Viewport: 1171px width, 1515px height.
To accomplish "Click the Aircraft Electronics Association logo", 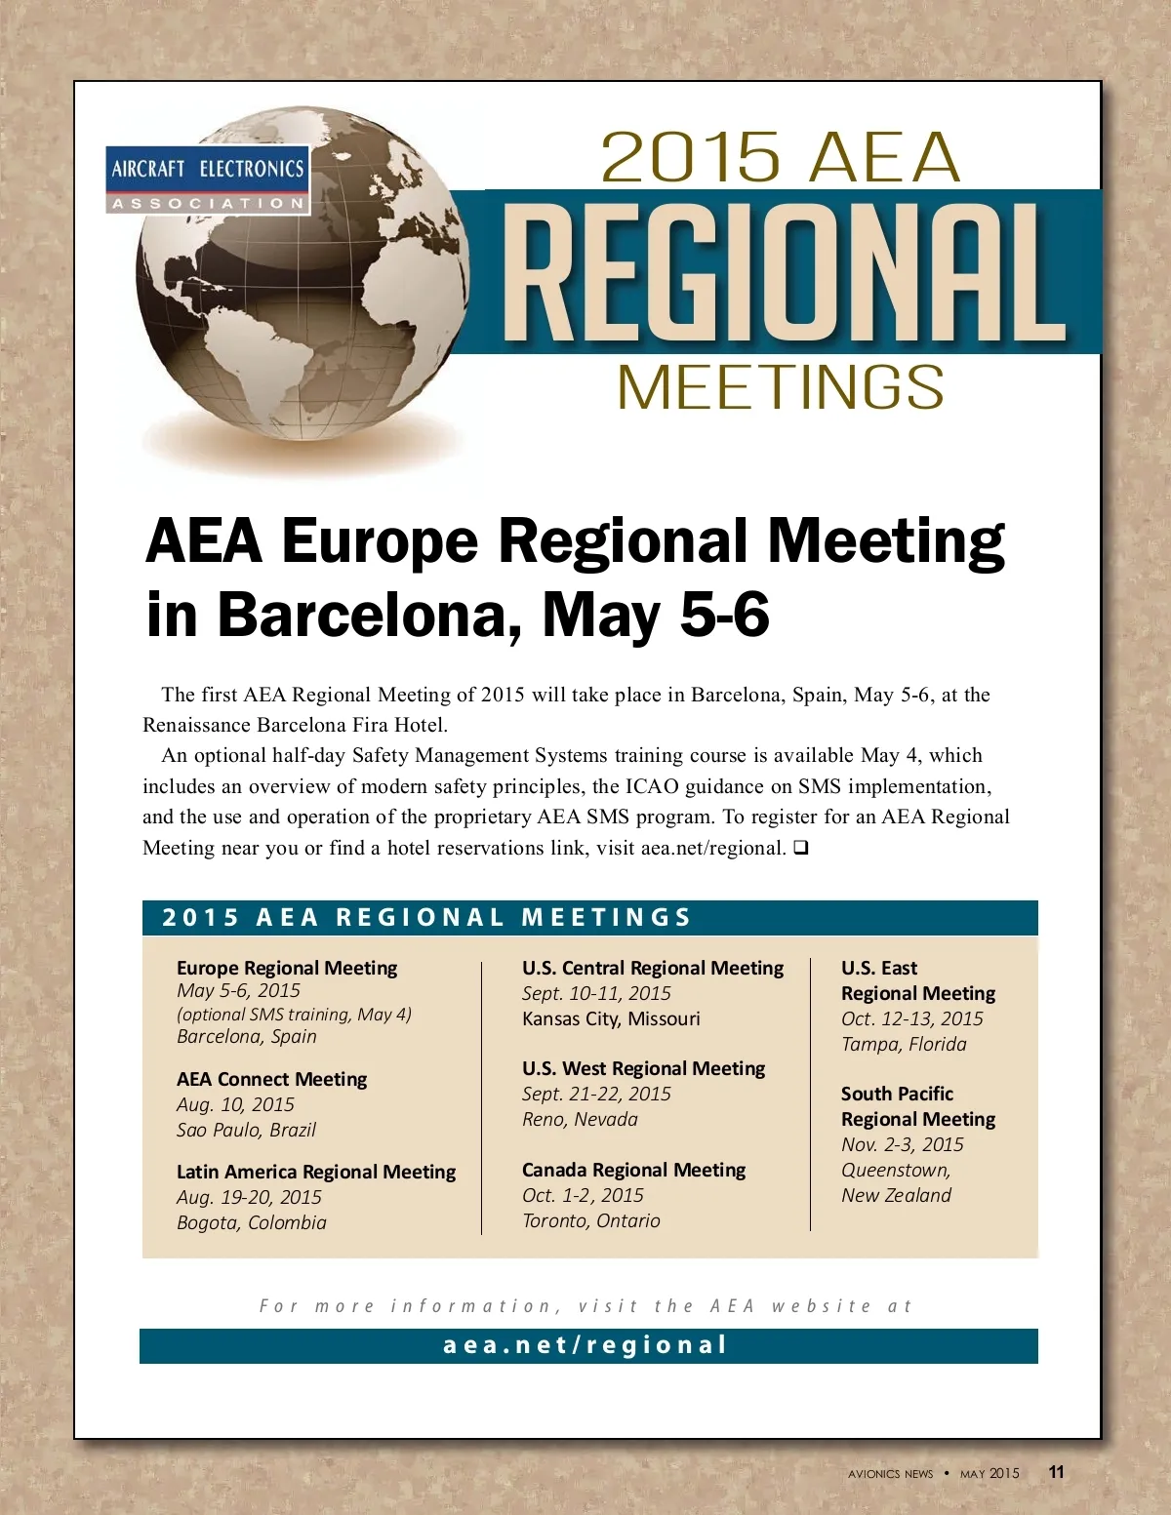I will click(x=208, y=179).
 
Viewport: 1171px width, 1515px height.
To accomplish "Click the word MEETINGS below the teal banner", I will click(x=781, y=387).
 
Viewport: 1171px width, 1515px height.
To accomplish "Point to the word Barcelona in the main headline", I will click(x=360, y=615).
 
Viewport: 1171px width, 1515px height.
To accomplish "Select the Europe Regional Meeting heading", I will click(x=287, y=968).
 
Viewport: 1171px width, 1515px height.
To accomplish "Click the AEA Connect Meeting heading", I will click(x=271, y=1079).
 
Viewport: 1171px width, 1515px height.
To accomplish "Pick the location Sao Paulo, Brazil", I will click(x=246, y=1130).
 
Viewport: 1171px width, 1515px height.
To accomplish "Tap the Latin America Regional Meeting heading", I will click(x=316, y=1172).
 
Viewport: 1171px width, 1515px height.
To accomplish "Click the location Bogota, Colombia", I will click(x=252, y=1222).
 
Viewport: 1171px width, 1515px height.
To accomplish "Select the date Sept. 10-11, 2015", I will click(x=596, y=993).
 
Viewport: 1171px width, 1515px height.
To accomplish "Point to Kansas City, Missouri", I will click(x=611, y=1018).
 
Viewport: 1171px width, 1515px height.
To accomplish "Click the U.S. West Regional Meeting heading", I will click(x=643, y=1068).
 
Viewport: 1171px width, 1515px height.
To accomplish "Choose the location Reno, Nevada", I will click(x=580, y=1119).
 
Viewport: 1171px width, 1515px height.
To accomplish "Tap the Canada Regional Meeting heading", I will click(x=633, y=1170).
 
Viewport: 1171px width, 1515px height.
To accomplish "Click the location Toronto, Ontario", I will click(x=590, y=1220).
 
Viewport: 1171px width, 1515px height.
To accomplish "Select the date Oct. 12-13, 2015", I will click(x=911, y=1018).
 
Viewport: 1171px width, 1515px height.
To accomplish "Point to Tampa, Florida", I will click(x=904, y=1044).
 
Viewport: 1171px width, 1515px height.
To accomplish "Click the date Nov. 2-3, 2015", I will click(x=902, y=1144).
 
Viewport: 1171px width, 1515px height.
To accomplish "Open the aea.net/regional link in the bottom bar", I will click(x=585, y=1345).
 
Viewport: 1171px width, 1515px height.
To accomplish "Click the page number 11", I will click(x=1057, y=1472).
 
